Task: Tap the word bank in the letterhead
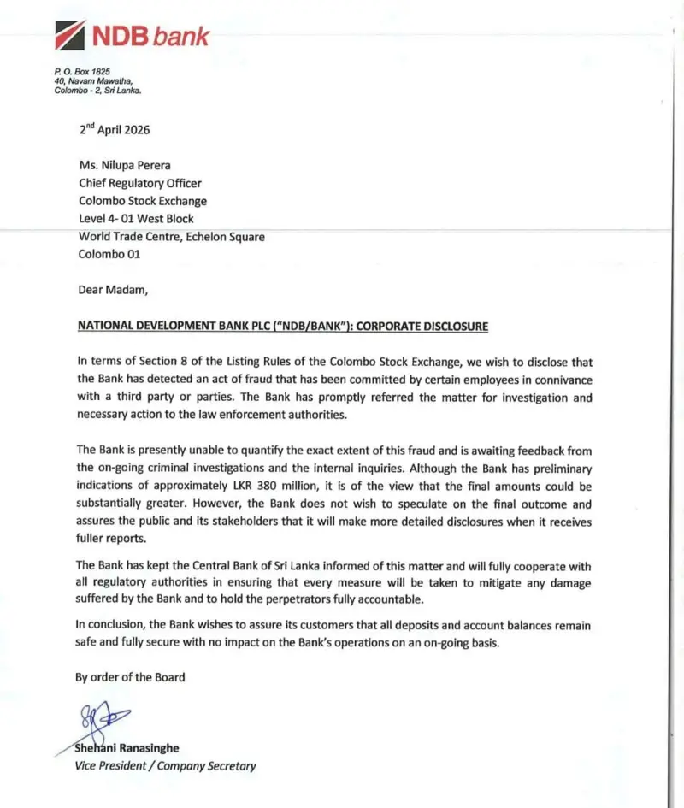point(181,37)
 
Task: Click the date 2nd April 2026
point(115,130)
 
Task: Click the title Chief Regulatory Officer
point(140,183)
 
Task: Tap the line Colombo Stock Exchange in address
point(143,201)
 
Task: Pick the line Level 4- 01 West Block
point(136,219)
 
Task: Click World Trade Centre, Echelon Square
point(171,236)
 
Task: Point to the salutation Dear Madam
point(113,289)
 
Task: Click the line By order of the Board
point(130,676)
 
